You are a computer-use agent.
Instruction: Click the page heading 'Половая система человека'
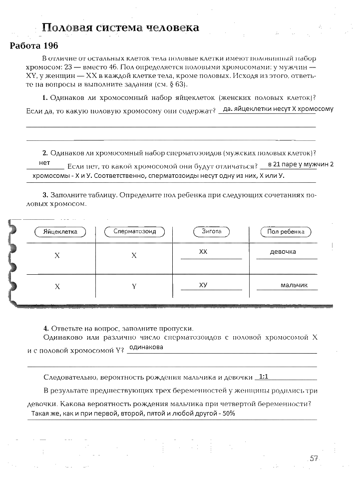coord(120,27)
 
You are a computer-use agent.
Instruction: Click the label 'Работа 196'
coord(34,46)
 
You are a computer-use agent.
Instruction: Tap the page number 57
coord(314,458)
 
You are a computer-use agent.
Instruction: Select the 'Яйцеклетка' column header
coord(60,232)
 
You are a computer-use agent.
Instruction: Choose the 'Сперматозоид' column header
coord(134,232)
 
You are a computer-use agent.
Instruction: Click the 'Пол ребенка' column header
coord(286,232)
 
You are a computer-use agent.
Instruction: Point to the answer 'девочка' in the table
coord(283,252)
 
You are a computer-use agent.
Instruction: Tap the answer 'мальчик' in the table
coord(294,285)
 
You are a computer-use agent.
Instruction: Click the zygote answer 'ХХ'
coord(203,252)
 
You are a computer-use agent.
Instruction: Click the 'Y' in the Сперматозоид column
coord(134,287)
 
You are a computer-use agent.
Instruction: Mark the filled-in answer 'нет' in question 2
coord(44,163)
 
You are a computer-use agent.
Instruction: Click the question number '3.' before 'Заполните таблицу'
coord(45,195)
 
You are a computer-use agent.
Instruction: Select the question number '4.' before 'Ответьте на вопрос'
coord(45,328)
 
